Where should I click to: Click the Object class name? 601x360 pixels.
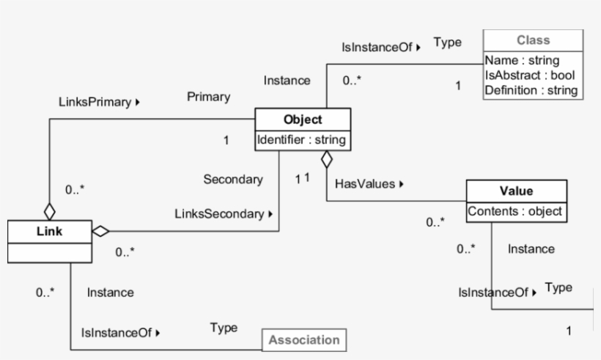303,120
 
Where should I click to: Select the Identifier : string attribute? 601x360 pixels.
303,138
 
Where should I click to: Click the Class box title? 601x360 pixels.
533,40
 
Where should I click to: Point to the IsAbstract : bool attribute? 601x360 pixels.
529,76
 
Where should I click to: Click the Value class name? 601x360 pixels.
516,192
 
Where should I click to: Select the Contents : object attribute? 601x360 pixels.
516,211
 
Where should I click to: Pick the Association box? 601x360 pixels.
304,340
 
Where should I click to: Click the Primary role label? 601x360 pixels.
209,97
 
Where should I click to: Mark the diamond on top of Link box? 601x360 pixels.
49,211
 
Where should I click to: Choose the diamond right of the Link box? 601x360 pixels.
100,231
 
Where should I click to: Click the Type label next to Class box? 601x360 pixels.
447,43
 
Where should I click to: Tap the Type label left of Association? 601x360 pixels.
224,327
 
